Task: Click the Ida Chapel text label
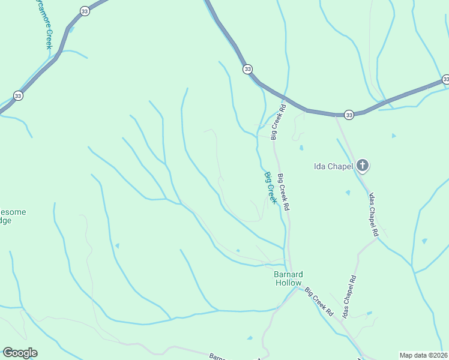point(333,166)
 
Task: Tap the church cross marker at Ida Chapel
point(362,165)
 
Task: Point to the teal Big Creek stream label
point(271,188)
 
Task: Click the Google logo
point(20,353)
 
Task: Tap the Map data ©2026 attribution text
point(423,355)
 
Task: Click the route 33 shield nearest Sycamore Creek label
point(85,11)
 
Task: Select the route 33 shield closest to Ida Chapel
point(349,114)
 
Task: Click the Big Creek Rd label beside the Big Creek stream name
point(284,192)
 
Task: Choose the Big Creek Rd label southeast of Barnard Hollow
point(318,302)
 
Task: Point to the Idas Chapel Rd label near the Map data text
point(349,296)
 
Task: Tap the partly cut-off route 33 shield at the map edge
point(445,79)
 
